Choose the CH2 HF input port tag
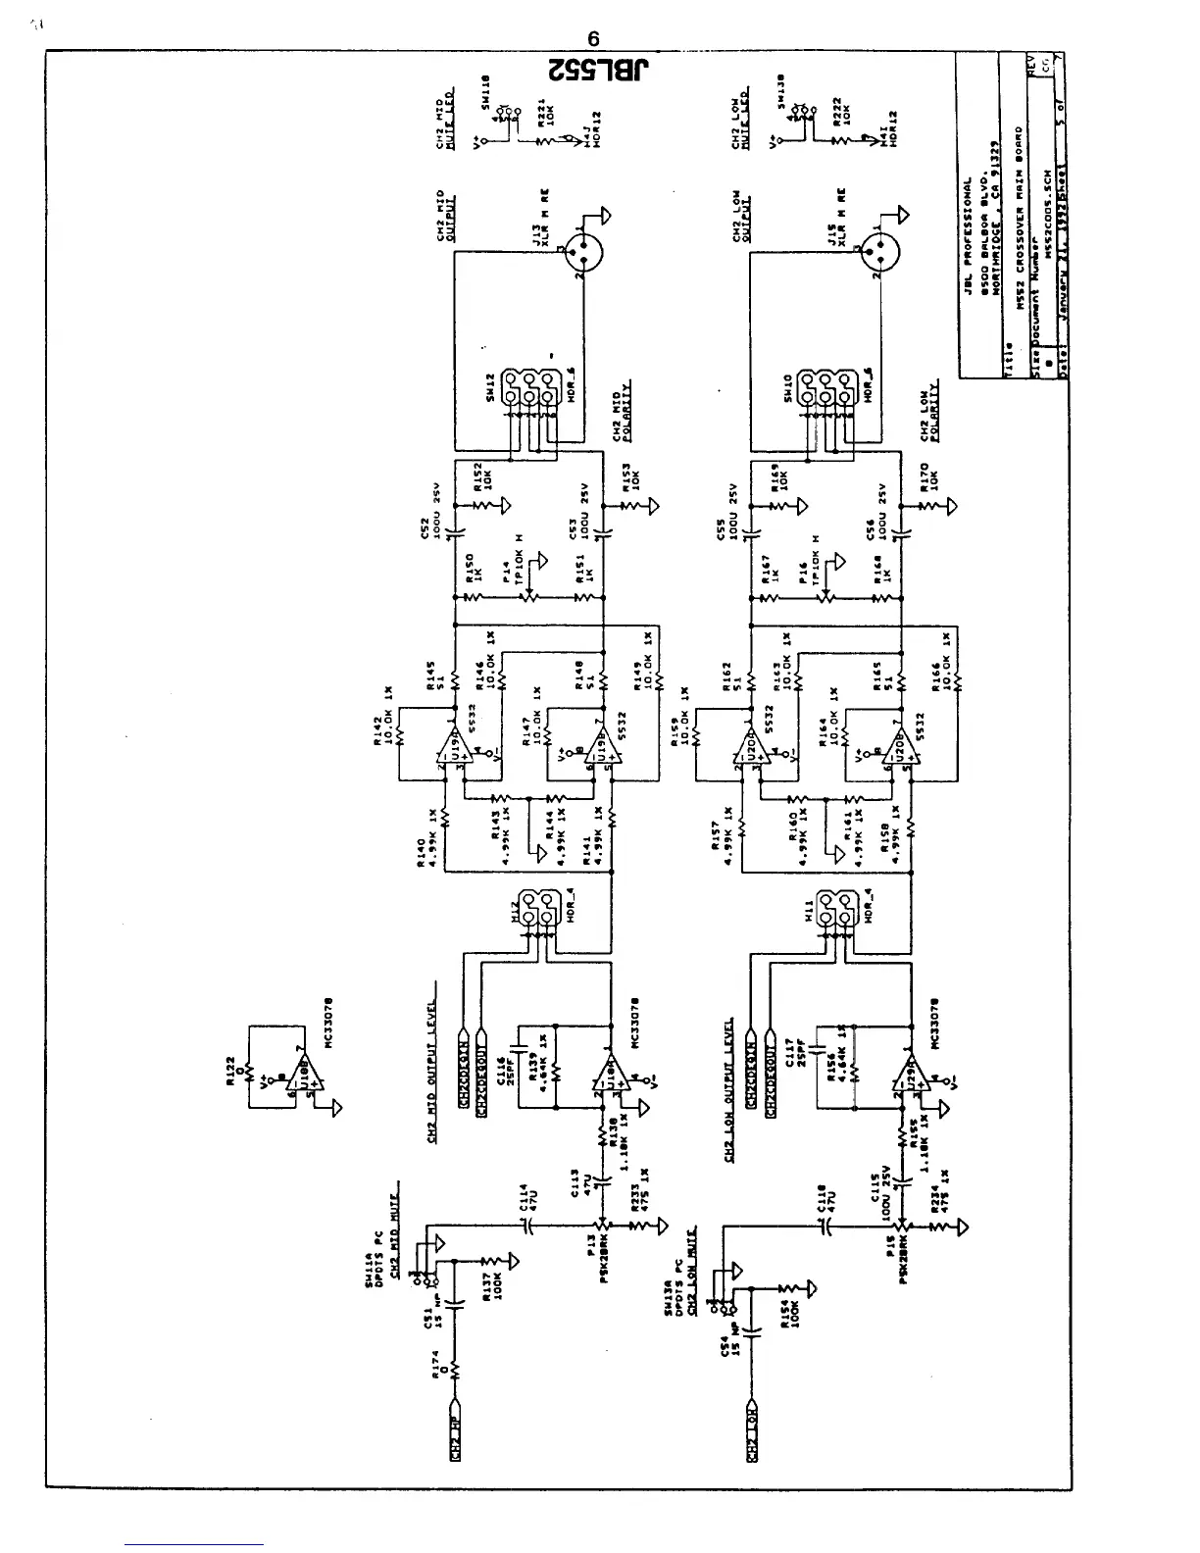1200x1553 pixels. (454, 1445)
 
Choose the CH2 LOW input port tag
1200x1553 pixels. (750, 1445)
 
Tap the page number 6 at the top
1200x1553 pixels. (594, 40)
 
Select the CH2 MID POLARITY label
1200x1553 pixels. (622, 415)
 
